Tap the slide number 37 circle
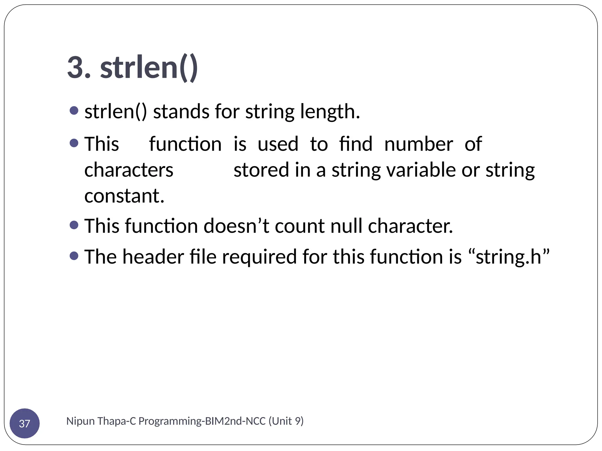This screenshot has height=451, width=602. [25, 423]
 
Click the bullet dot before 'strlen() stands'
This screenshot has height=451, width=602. [74, 111]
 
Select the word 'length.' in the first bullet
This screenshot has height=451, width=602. [330, 112]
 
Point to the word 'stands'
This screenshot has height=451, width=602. [181, 112]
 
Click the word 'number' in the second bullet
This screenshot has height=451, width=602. [418, 144]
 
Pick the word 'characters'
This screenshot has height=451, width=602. [129, 170]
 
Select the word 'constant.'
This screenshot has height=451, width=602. [124, 196]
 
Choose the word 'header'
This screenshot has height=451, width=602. [153, 257]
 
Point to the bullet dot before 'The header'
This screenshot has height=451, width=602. [74, 256]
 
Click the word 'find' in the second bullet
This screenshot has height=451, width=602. [355, 144]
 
